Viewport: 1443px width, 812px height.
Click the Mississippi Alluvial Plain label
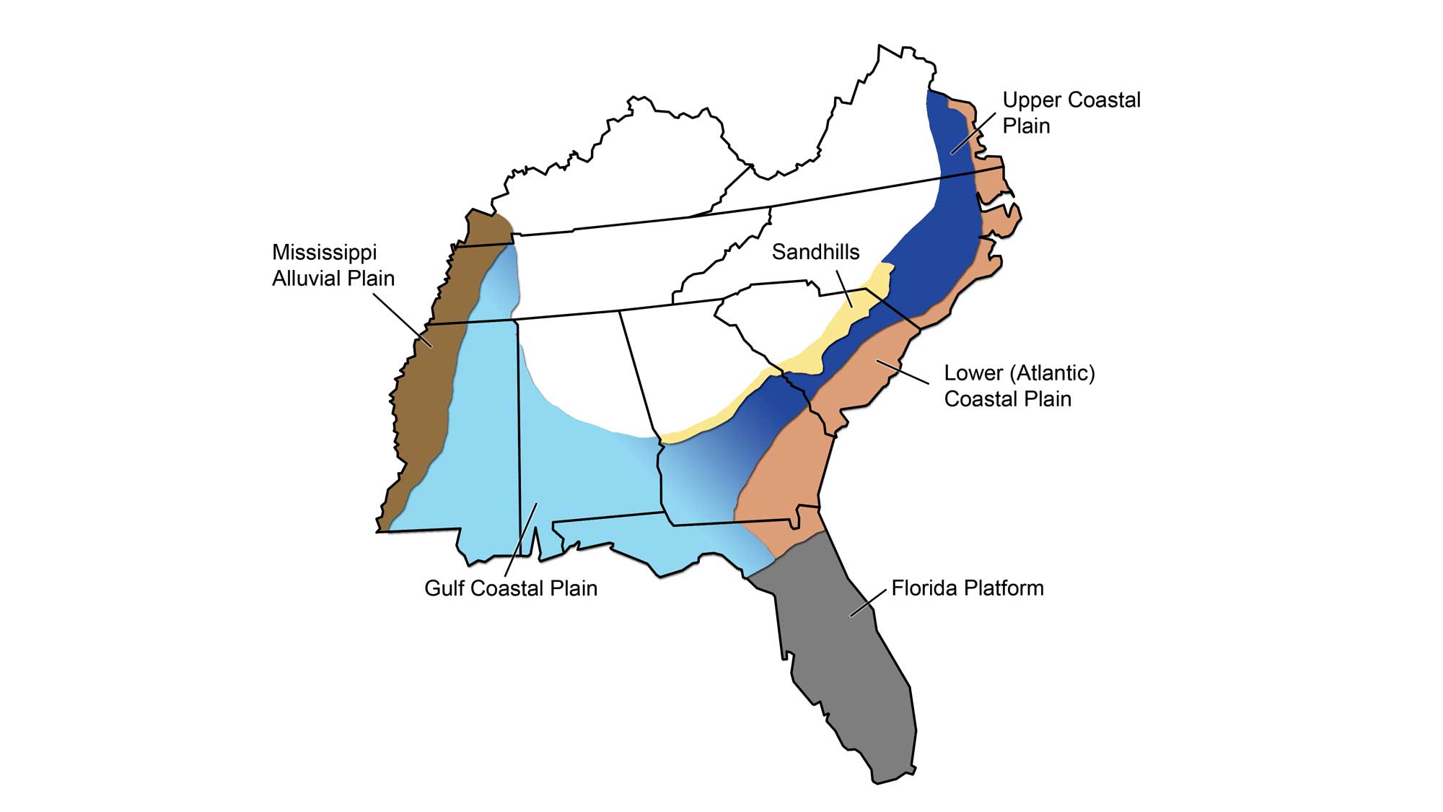333,265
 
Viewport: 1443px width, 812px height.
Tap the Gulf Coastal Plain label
511,588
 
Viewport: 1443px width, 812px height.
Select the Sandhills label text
815,252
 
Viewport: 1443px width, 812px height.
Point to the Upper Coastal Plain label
1071,113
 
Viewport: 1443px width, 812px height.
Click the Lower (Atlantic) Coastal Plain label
1019,385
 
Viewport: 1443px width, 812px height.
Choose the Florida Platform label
967,588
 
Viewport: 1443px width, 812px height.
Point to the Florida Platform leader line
869,602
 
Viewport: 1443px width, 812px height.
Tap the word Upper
1031,100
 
